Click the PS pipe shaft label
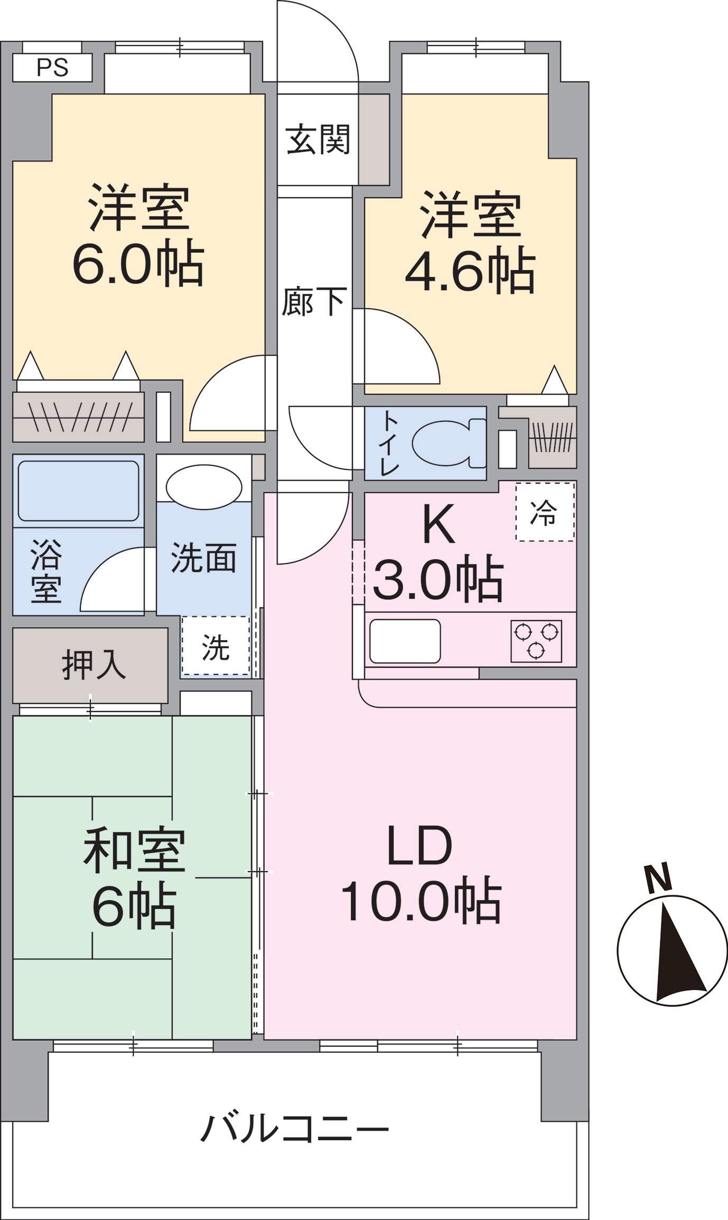click(x=52, y=68)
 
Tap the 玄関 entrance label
click(x=318, y=139)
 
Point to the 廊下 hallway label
click(x=314, y=301)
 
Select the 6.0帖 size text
click(x=138, y=262)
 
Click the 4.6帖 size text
click(x=471, y=270)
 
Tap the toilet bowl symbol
click(x=450, y=443)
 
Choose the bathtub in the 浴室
click(x=79, y=491)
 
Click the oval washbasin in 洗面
click(x=204, y=487)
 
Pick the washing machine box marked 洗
click(x=216, y=645)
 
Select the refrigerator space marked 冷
click(x=545, y=512)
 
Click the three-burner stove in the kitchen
click(x=536, y=641)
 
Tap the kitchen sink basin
click(x=405, y=641)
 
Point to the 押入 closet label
click(x=94, y=664)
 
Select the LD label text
click(x=420, y=846)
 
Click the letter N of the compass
click(x=658, y=878)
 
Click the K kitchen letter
click(x=439, y=524)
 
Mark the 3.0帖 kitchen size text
click(x=438, y=578)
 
